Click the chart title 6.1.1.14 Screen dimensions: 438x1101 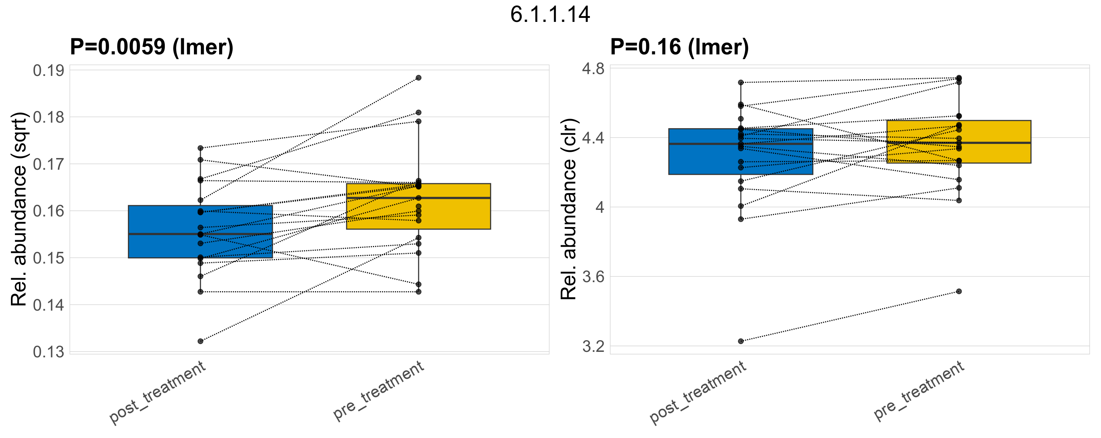[x=550, y=15]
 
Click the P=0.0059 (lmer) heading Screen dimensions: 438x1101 [x=152, y=47]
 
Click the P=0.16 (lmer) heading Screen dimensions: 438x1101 [x=679, y=47]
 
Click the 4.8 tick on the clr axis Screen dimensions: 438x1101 [x=593, y=69]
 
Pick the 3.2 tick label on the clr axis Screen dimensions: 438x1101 [x=593, y=346]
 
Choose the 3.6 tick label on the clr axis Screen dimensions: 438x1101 [x=593, y=277]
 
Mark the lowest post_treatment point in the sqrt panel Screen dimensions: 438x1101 [x=201, y=341]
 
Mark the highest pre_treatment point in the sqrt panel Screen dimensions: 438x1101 [x=419, y=78]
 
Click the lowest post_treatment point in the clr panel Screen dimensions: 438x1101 [x=741, y=341]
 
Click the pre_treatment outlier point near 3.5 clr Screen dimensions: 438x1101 [x=959, y=291]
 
